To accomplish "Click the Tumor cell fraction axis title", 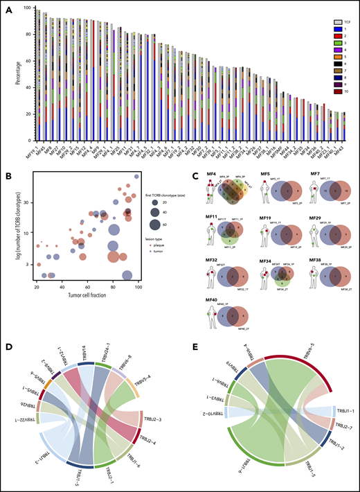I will coord(86,292).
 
